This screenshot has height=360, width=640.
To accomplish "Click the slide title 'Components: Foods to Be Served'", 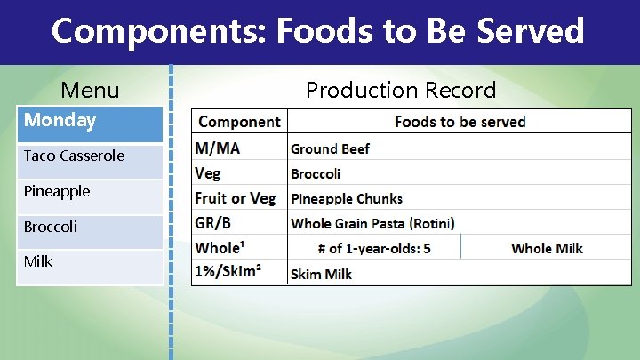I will (318, 31).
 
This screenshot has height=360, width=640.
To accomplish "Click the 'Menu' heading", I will (90, 90).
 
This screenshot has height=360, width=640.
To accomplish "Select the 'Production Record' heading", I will (401, 90).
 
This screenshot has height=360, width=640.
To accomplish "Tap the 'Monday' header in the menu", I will (60, 120).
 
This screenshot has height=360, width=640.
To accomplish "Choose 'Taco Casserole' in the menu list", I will (74, 156).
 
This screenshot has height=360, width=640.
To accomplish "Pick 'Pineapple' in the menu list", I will (57, 191).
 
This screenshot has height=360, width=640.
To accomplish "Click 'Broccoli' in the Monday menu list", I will (51, 227).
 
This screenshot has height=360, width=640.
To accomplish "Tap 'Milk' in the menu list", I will (38, 261).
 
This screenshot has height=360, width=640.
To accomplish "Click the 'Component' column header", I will (239, 122).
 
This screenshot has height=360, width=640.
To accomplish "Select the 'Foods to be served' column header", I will (460, 122).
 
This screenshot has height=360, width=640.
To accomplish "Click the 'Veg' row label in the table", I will (208, 173).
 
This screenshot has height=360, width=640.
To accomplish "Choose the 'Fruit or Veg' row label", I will (236, 198).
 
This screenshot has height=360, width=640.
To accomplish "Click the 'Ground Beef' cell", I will (331, 148).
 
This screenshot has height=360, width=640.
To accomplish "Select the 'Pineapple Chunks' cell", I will (347, 198).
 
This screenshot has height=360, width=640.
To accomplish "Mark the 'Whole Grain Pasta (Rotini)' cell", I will (372, 223).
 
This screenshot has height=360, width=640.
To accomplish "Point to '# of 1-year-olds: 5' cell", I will (373, 248).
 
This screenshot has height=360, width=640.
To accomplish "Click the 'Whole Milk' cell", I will (547, 248).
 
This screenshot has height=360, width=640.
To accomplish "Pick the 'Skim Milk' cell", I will (321, 274).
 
